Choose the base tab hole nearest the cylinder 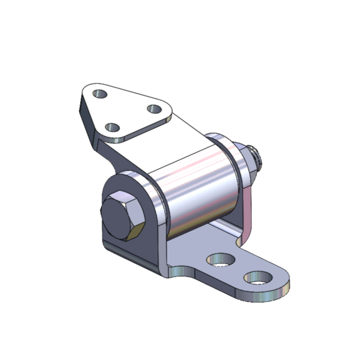pyautogui.click(x=220, y=260)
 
